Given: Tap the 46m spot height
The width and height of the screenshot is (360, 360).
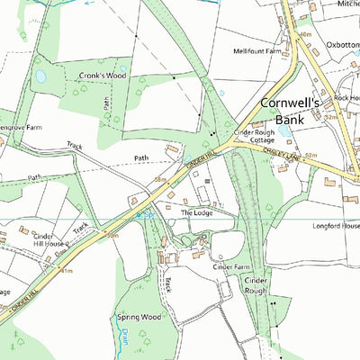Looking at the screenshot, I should pyautogui.click(x=304, y=34).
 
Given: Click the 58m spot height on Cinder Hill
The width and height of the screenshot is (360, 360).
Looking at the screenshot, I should pyautogui.click(x=159, y=180).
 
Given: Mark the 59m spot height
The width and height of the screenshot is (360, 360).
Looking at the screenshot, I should pyautogui.click(x=112, y=235).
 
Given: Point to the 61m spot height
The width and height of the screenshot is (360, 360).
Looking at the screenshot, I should pyautogui.click(x=67, y=269).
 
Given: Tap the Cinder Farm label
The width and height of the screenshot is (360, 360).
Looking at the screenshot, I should pyautogui.click(x=230, y=267).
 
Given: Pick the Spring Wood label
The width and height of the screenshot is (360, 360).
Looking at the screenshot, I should pyautogui.click(x=138, y=317).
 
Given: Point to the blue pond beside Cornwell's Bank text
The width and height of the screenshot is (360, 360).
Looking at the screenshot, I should pyautogui.click(x=284, y=130).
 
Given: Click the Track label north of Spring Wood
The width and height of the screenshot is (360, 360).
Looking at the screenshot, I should pyautogui.click(x=166, y=284).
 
